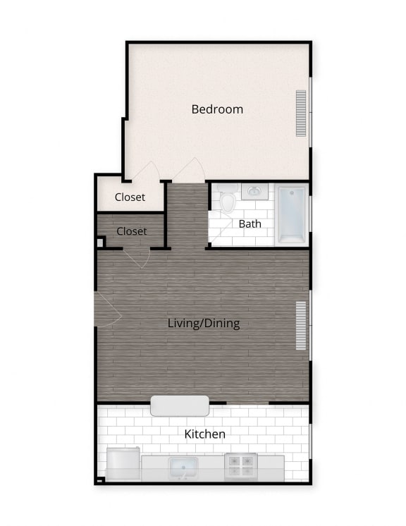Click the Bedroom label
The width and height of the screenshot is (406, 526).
[x=217, y=109]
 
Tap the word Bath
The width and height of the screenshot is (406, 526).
[x=250, y=224]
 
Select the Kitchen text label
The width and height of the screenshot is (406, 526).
[x=204, y=434]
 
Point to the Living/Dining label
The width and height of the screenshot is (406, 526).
[x=204, y=324]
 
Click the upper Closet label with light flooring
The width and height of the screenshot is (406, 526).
[x=130, y=197]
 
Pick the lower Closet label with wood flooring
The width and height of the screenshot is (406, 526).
[x=132, y=231]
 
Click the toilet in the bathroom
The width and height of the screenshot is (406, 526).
[x=227, y=200]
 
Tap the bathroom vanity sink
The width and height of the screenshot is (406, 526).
[x=253, y=191]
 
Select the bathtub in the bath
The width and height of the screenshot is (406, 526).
[x=291, y=214]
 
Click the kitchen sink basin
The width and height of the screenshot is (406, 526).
[x=183, y=467]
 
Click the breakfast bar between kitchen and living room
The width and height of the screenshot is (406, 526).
[x=180, y=405]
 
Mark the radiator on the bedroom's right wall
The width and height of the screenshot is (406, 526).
[x=302, y=113]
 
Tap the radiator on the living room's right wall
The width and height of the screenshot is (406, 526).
[x=301, y=326]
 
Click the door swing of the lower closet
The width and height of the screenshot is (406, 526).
[x=137, y=257]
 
